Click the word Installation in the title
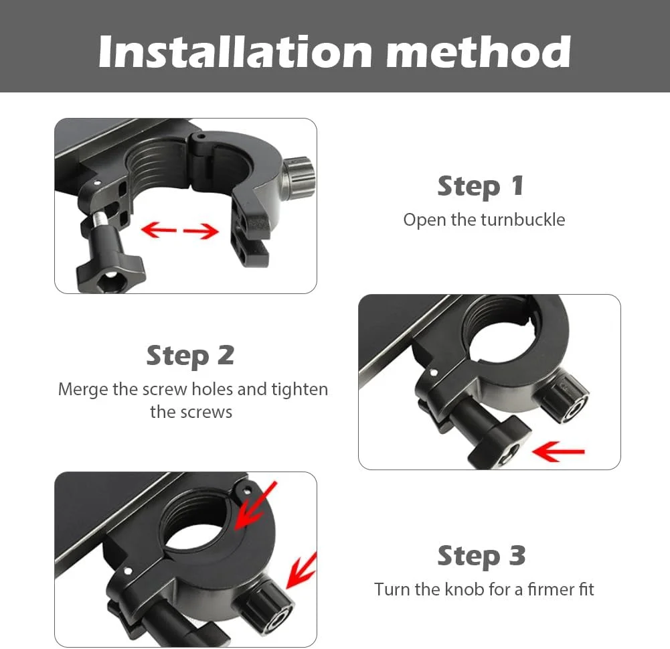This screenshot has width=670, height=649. [235, 52]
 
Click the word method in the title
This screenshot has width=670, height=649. [479, 52]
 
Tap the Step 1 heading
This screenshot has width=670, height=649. [481, 186]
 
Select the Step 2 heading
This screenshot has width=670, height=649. [191, 356]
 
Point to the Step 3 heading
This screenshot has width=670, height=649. [481, 556]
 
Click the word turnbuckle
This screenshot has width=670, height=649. [523, 220]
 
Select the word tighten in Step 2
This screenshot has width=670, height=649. [300, 390]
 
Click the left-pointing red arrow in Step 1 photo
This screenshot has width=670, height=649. [159, 230]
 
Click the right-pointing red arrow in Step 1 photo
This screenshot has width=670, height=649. [201, 231]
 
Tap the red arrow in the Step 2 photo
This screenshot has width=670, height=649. [558, 451]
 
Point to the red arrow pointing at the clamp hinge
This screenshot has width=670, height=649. [256, 506]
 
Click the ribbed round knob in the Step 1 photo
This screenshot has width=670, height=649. [300, 177]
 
